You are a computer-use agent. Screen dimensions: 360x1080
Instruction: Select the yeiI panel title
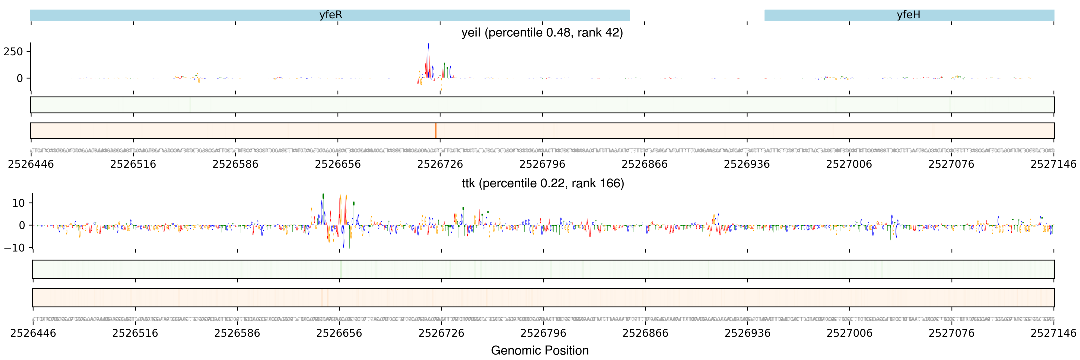pos(542,33)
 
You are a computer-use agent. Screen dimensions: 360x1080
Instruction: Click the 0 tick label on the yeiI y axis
pos(20,78)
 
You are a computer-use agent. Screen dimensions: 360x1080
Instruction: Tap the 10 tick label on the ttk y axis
pos(18,203)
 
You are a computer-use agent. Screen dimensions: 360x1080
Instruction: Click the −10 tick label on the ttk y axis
pos(14,248)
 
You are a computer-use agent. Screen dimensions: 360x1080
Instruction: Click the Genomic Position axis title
pos(539,350)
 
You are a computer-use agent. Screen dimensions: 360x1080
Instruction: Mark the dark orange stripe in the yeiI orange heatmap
pos(435,131)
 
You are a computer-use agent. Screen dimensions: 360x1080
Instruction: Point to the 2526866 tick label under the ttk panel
pos(645,333)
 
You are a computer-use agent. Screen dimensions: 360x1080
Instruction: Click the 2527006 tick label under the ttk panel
pos(849,333)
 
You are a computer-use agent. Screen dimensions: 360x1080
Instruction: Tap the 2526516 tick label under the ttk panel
pos(135,333)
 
